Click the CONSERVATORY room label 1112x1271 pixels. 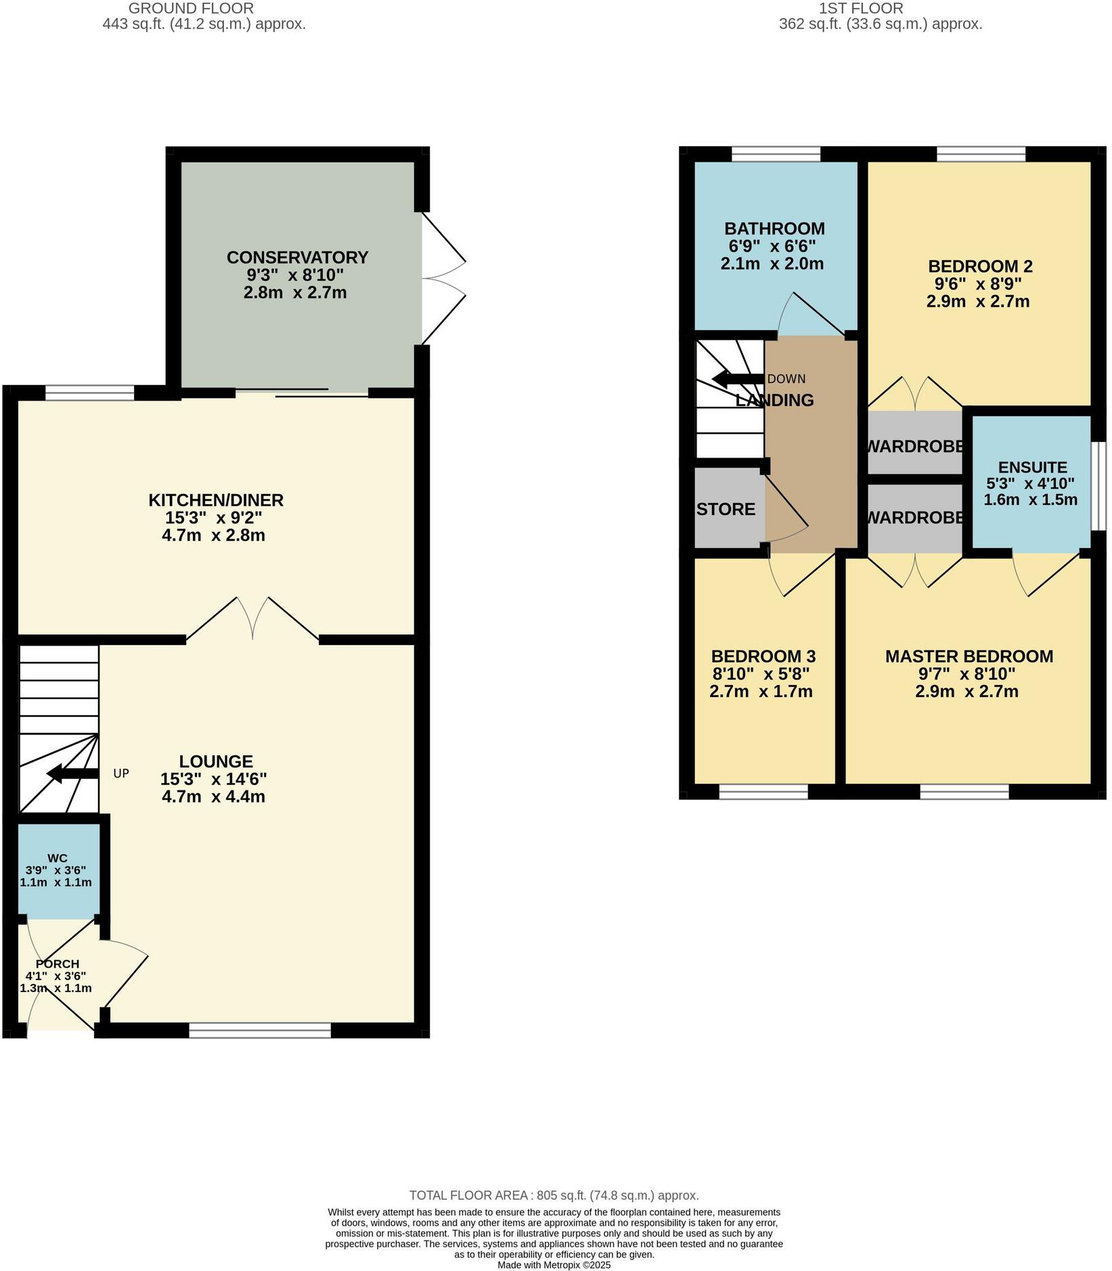click(297, 258)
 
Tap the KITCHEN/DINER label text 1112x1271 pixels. click(216, 500)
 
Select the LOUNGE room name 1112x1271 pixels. click(216, 761)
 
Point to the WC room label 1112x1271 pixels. click(58, 858)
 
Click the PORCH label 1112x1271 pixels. click(58, 964)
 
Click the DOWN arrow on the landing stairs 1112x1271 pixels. click(738, 379)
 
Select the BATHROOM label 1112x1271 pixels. click(774, 229)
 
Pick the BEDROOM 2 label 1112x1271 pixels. click(980, 267)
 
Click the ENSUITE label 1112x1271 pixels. click(1032, 468)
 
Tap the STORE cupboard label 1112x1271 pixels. click(726, 510)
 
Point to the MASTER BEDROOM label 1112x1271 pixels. click(969, 656)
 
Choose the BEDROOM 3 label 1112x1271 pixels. click(763, 656)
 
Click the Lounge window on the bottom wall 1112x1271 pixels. click(260, 1030)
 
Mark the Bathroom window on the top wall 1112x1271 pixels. click(776, 154)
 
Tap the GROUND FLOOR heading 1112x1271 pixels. click(191, 9)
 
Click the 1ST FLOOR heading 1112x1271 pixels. click(861, 9)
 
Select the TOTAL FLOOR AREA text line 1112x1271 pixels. click(554, 1196)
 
